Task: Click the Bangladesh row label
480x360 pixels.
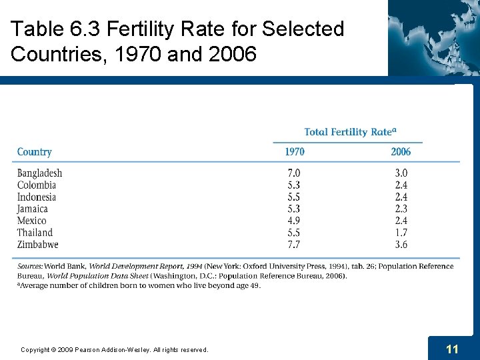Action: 39,173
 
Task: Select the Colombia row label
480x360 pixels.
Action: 37,185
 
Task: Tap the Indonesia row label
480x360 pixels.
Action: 37,197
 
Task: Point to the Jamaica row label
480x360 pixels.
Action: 33,209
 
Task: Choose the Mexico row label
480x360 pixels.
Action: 32,221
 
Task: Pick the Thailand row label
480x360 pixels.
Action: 35,233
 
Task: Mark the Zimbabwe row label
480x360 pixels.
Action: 38,245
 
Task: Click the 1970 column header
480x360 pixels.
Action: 295,152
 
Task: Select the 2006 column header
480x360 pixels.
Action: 401,152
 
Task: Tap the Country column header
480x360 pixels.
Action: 34,152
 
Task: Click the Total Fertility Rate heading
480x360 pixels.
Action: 347,132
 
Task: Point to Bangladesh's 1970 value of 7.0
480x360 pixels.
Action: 293,173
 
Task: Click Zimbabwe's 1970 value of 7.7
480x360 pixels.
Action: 293,245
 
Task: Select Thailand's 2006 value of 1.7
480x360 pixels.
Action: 401,233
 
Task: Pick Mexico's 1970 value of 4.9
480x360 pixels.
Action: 293,221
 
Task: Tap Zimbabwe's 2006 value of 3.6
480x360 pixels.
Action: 401,245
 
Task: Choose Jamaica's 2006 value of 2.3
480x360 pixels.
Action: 401,209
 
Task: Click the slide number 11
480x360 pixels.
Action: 452,349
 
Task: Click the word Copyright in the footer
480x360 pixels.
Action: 35,350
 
